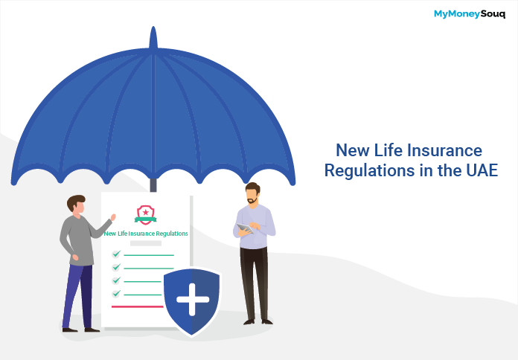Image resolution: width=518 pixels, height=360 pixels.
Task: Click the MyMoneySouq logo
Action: pyautogui.click(x=470, y=14)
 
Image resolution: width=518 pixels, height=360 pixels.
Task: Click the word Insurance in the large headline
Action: pyautogui.click(x=444, y=150)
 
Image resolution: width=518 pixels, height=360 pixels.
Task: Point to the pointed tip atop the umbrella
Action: pyautogui.click(x=153, y=28)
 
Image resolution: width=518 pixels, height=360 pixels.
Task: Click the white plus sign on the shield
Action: pyautogui.click(x=193, y=299)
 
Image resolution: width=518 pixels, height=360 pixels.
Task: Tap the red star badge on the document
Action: pyautogui.click(x=146, y=215)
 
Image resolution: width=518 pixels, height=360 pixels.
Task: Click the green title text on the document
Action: pyautogui.click(x=146, y=234)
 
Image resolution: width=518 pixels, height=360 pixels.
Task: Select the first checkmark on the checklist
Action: pyautogui.click(x=116, y=254)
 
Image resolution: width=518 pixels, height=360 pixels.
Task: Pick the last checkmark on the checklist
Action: pyautogui.click(x=116, y=293)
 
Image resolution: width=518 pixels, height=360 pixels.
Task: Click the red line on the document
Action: pyautogui.click(x=138, y=307)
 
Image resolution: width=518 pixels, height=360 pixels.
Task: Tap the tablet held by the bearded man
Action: pyautogui.click(x=245, y=228)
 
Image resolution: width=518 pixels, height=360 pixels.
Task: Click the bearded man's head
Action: pyautogui.click(x=252, y=193)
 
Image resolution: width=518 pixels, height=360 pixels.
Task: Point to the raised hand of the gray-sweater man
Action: pyautogui.click(x=113, y=217)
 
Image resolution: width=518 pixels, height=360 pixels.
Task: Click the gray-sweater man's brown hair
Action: pyautogui.click(x=76, y=202)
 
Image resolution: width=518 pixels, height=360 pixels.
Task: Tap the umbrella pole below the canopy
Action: pyautogui.click(x=153, y=185)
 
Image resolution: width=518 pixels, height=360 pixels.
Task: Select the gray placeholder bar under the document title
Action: pyautogui.click(x=146, y=243)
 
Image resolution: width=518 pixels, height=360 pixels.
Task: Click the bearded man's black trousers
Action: pyautogui.click(x=255, y=284)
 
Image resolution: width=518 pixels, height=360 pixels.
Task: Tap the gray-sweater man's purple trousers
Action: pyautogui.click(x=78, y=296)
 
